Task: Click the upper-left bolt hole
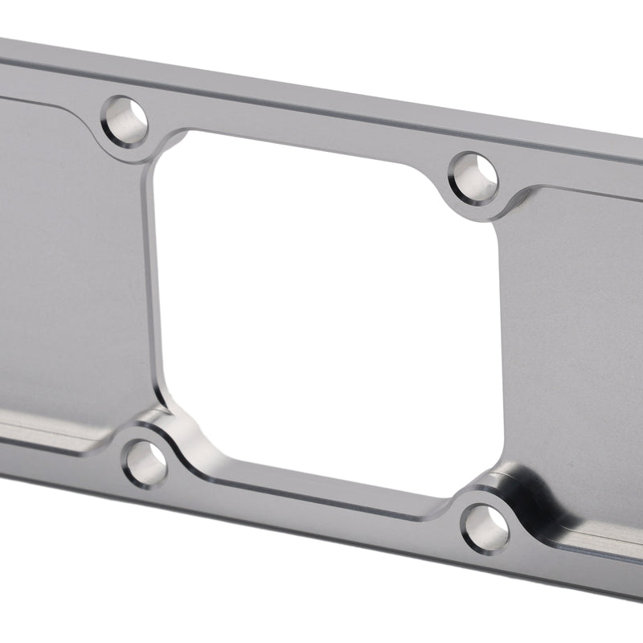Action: pos(127,121)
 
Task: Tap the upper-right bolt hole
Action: pos(473,176)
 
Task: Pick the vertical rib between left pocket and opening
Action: pos(153,281)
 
